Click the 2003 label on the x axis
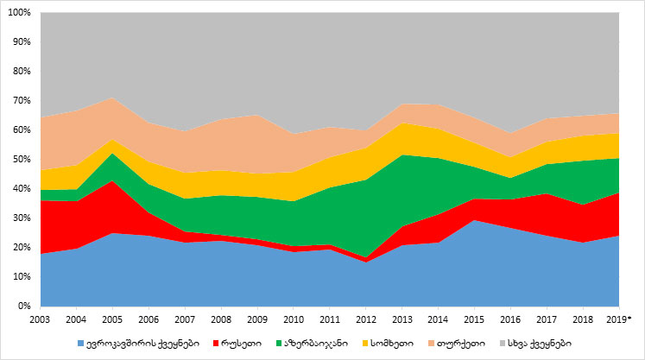tap(40, 319)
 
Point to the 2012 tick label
tap(366, 319)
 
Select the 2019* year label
tap(621, 319)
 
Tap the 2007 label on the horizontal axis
tap(185, 319)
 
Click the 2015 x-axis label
tap(475, 319)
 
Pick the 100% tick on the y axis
tap(20, 13)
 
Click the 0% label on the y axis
tap(25, 306)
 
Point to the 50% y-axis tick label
tap(22, 160)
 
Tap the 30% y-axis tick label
tap(22, 218)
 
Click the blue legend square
tap(82, 343)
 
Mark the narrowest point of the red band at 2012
tap(366, 259)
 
